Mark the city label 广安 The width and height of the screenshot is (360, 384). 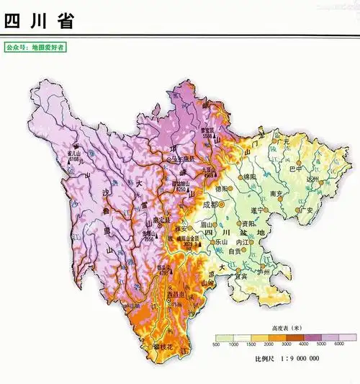pyautogui.click(x=306, y=210)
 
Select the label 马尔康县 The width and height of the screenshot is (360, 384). pyautogui.click(x=181, y=159)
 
